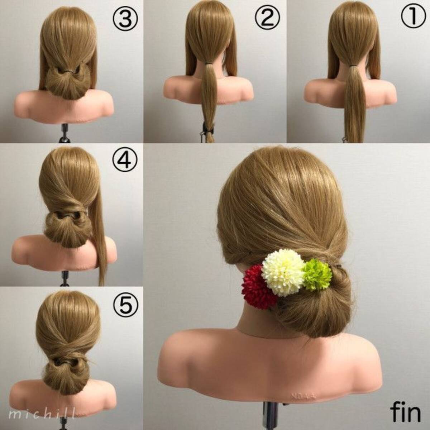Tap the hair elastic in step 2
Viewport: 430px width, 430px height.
(x=209, y=63)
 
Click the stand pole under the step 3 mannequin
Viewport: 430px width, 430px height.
(x=65, y=133)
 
